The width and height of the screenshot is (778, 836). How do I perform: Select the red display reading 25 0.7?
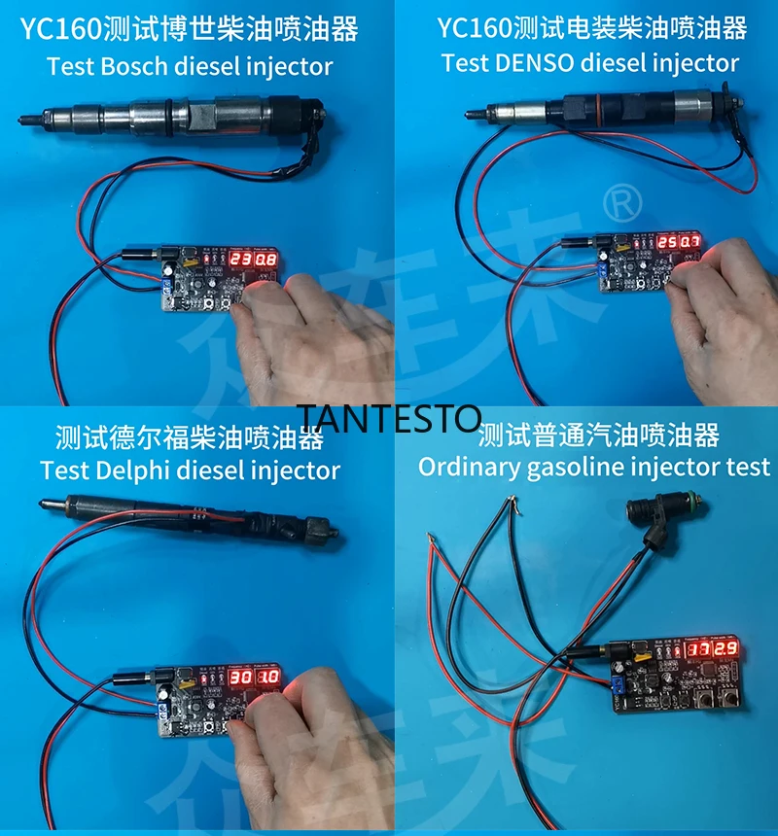click(678, 243)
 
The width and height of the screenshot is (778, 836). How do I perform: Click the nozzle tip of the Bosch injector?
click(25, 120)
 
